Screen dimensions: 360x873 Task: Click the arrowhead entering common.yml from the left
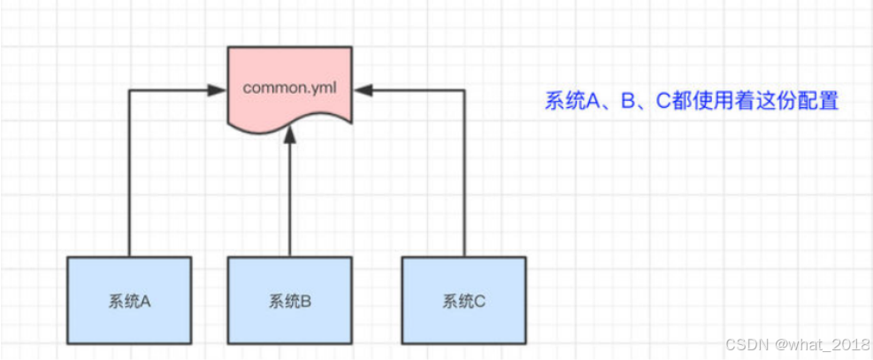point(215,89)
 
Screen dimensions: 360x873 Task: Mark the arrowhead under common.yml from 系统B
point(289,137)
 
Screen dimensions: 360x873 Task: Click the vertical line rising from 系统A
point(129,177)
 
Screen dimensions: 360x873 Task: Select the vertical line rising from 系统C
point(463,177)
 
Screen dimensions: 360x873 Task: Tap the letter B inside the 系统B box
point(306,301)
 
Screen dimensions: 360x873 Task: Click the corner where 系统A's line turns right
point(129,89)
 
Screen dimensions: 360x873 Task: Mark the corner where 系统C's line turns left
point(463,89)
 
